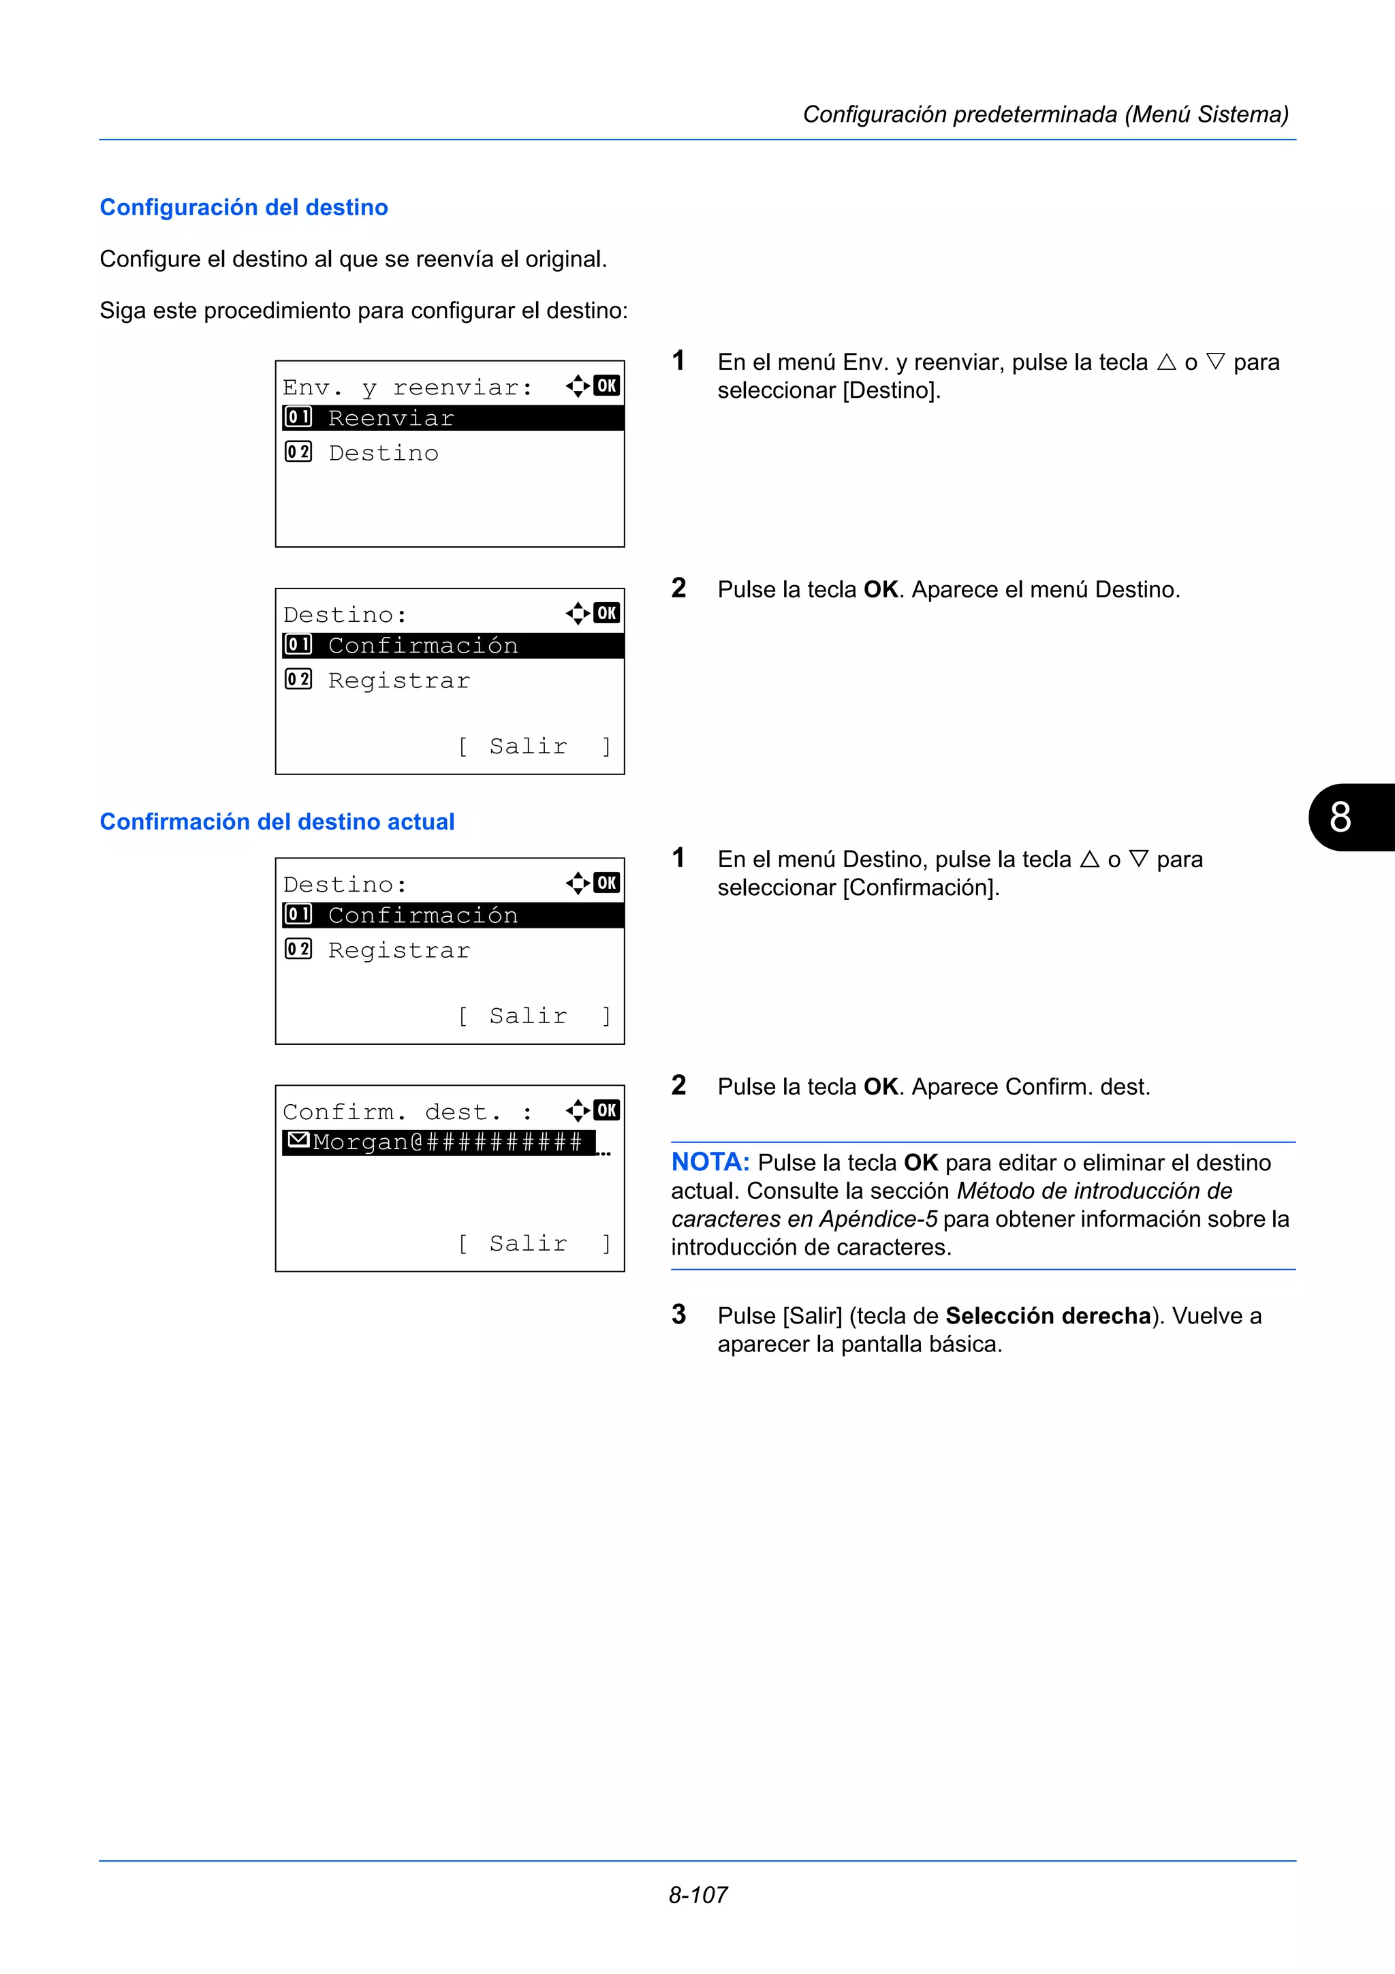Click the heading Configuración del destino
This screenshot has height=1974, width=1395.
click(x=243, y=207)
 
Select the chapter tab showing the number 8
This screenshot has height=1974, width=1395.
click(x=1345, y=817)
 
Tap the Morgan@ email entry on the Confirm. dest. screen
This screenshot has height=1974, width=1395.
click(x=447, y=1142)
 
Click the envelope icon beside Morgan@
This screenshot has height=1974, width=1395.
click(x=298, y=1141)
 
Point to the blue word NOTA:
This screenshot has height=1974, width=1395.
click(x=710, y=1161)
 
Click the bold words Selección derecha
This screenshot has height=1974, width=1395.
click(x=1048, y=1315)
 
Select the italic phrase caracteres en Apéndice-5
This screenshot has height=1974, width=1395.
click(x=804, y=1219)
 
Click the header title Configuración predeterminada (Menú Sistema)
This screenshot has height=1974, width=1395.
click(x=1045, y=114)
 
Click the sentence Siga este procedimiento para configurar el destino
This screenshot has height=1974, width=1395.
click(x=364, y=311)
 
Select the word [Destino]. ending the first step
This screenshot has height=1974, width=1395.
click(x=892, y=390)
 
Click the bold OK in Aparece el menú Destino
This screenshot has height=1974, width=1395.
click(x=880, y=589)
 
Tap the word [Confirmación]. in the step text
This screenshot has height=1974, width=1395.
click(x=920, y=888)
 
